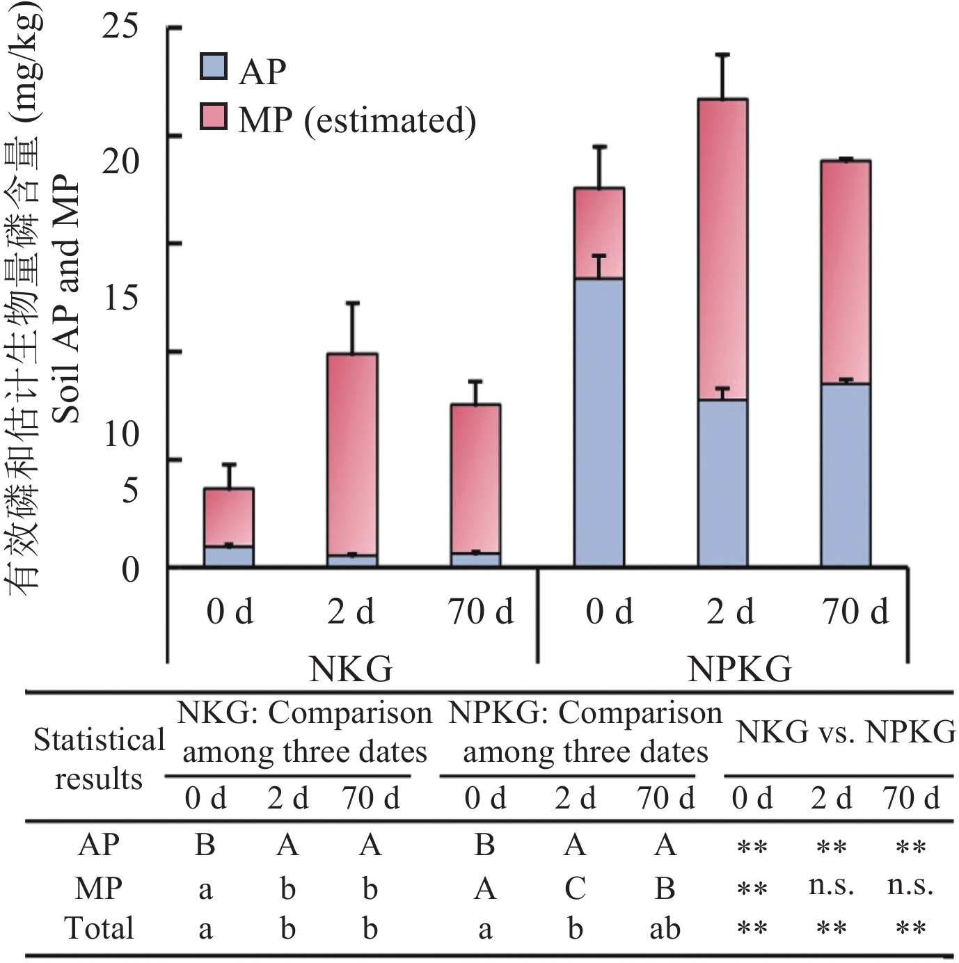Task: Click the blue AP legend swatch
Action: [x=213, y=67]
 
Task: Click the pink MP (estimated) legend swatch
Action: [x=213, y=117]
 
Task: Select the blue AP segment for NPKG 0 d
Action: [x=599, y=422]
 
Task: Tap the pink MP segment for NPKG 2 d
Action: [x=722, y=249]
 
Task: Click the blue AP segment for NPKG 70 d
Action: [x=846, y=475]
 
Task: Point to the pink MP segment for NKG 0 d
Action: [x=228, y=517]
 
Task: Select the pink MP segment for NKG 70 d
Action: [x=475, y=478]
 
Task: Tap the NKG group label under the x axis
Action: [x=351, y=670]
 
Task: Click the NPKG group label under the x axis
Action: [x=739, y=670]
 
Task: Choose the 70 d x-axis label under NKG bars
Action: [x=481, y=612]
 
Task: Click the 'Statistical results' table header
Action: [x=99, y=759]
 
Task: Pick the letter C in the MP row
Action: [x=575, y=889]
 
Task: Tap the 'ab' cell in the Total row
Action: [x=665, y=930]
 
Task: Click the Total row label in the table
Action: [x=99, y=928]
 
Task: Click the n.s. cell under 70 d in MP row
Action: [x=910, y=886]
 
